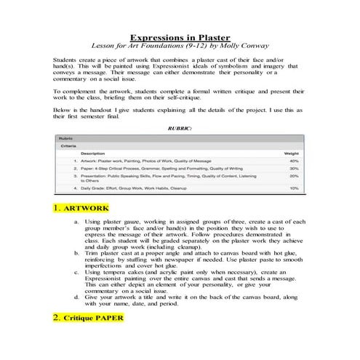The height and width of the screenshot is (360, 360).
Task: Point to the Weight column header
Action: pyautogui.click(x=291, y=154)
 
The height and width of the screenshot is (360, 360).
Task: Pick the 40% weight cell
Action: pyautogui.click(x=294, y=161)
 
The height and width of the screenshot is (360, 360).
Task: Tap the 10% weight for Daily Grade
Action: pyautogui.click(x=294, y=188)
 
